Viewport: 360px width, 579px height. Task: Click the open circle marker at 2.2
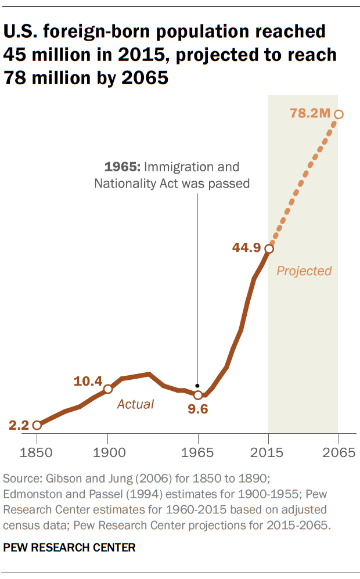pyautogui.click(x=37, y=425)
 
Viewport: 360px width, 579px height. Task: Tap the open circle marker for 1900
pyautogui.click(x=108, y=389)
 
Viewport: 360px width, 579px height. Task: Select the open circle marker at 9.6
pyautogui.click(x=198, y=395)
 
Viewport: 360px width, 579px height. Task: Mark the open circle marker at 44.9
pyautogui.click(x=269, y=249)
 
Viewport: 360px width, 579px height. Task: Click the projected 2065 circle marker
pyautogui.click(x=339, y=114)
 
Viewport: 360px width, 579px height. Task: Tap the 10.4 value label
pyautogui.click(x=88, y=382)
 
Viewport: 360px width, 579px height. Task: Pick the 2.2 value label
pyautogui.click(x=19, y=425)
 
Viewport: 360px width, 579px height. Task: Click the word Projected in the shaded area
pyautogui.click(x=304, y=271)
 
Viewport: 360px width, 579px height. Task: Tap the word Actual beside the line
pyautogui.click(x=135, y=404)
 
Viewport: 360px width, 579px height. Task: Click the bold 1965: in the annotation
pyautogui.click(x=122, y=167)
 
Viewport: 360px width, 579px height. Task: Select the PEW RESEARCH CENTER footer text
pyautogui.click(x=70, y=547)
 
